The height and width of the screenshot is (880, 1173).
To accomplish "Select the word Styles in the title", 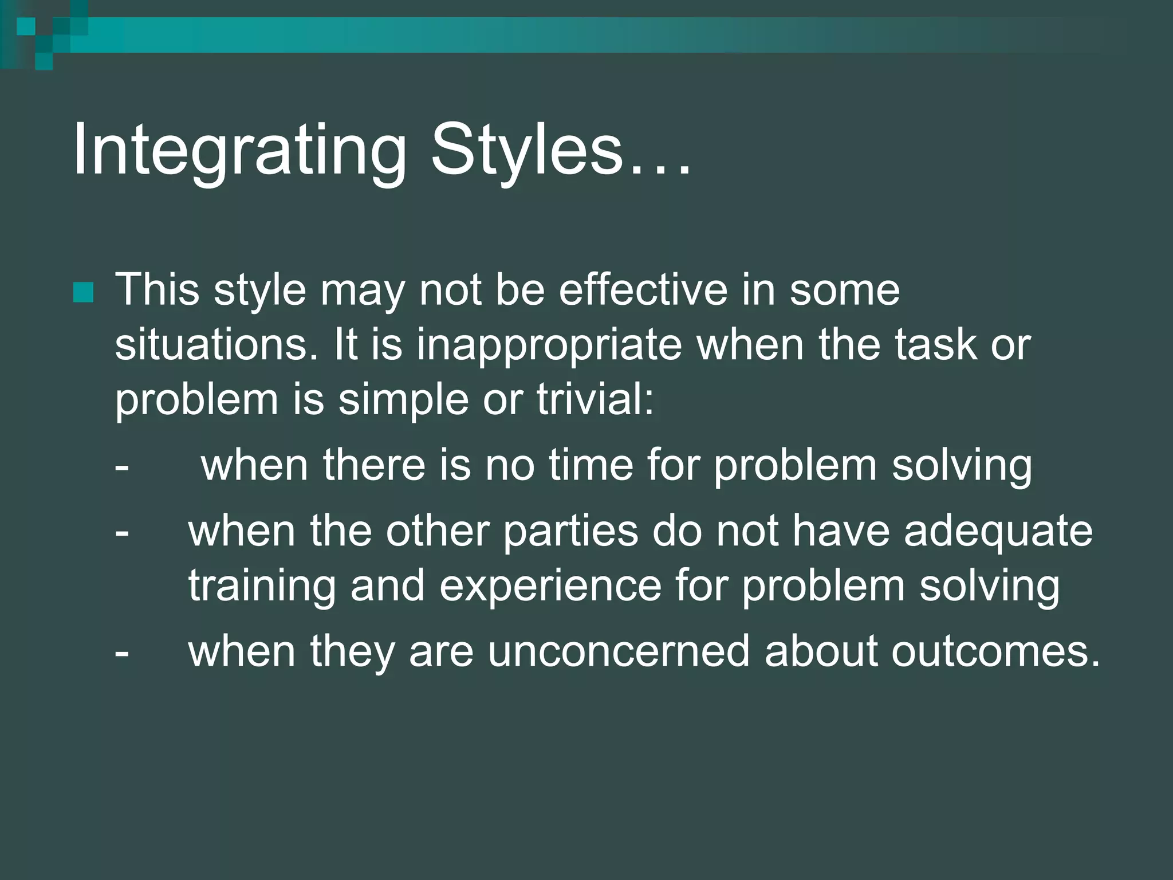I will pos(526,150).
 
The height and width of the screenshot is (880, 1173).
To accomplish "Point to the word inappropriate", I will pos(549,345).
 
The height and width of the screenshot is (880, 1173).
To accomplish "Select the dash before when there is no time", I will pos(121,466).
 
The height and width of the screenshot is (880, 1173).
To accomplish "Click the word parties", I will pos(570,531).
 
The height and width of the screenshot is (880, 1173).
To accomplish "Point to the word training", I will pos(262,587).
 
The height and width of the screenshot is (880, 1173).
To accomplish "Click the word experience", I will pos(550,587).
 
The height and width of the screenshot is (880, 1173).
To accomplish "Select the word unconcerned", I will pos(618,651).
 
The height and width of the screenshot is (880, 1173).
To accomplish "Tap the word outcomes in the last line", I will pos(989,651).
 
